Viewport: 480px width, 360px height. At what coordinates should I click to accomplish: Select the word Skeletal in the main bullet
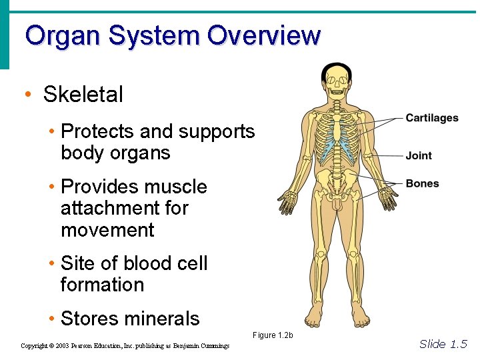pos(83,95)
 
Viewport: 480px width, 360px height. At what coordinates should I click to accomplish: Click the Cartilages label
pos(432,118)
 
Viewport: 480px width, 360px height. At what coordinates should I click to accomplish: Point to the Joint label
pos(419,155)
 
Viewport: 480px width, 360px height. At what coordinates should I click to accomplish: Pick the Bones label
pos(422,183)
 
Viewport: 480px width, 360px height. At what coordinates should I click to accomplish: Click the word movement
pos(107,230)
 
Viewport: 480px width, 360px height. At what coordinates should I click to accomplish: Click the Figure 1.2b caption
pos(273,335)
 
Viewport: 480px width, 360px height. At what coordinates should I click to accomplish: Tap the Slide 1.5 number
pos(443,344)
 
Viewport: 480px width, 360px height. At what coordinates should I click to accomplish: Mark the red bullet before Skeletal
pos(27,95)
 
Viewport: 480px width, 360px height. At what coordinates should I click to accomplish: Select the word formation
pos(102,285)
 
